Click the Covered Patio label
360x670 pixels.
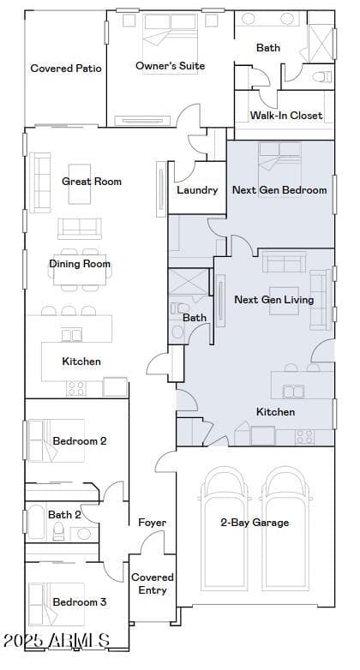66,69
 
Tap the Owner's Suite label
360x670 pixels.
171,66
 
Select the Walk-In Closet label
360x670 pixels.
286,115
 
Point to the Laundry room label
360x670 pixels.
197,190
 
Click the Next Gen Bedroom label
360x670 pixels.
279,189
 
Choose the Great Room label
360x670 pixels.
92,181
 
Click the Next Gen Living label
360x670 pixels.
274,300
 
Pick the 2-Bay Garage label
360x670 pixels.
255,522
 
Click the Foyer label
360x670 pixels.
153,522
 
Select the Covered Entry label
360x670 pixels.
153,583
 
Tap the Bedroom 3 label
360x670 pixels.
80,602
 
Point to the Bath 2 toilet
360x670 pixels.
58,531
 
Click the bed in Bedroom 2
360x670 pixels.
57,440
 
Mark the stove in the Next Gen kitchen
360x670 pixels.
305,437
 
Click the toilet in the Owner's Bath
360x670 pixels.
322,77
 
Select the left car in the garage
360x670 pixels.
225,528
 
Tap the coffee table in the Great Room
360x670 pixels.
80,184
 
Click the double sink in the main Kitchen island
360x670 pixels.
71,334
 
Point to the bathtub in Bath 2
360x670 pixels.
36,521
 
